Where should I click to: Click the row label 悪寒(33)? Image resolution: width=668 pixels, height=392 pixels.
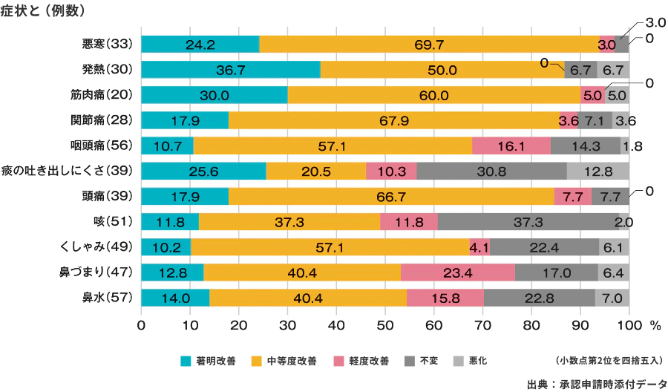[107, 44]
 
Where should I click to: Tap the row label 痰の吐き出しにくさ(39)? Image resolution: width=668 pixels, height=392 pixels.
[68, 171]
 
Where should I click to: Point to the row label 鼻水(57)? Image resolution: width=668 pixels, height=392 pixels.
[107, 298]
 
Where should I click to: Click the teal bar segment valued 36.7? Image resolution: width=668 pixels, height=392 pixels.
[230, 70]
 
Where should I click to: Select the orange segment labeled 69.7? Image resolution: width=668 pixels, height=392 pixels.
[429, 45]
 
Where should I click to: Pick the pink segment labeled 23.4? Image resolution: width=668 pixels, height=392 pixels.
[458, 272]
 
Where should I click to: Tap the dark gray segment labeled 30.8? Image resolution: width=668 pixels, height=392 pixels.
[491, 171]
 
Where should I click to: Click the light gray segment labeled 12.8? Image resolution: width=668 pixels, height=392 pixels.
[598, 171]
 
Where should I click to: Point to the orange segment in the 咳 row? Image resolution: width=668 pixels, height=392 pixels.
[289, 222]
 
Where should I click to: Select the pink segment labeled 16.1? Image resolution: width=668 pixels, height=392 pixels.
[511, 146]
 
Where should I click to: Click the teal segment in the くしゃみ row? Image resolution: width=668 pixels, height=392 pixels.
[166, 247]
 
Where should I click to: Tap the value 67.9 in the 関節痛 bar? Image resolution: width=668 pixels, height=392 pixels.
[393, 120]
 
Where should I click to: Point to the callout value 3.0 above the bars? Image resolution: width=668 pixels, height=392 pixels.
[656, 24]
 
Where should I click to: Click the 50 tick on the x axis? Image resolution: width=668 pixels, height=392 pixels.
[385, 325]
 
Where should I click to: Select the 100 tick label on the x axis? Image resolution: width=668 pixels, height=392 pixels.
[629, 325]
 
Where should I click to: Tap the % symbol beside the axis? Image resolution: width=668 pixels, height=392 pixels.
[655, 325]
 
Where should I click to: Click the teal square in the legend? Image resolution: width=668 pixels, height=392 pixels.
[186, 362]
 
